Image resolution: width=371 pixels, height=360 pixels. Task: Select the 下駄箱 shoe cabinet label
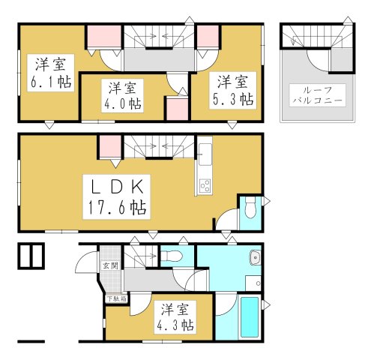pos(115,298)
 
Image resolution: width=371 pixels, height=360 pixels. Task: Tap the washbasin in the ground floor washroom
pos(256,257)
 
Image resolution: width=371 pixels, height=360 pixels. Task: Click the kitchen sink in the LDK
pos(205,153)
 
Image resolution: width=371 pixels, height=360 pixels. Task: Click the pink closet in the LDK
pos(109,145)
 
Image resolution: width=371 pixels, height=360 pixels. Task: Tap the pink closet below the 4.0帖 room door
pos(176,109)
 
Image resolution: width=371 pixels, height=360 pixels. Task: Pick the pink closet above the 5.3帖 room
pos(208,37)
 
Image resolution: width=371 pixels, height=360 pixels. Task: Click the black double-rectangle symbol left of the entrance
pos(31,256)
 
